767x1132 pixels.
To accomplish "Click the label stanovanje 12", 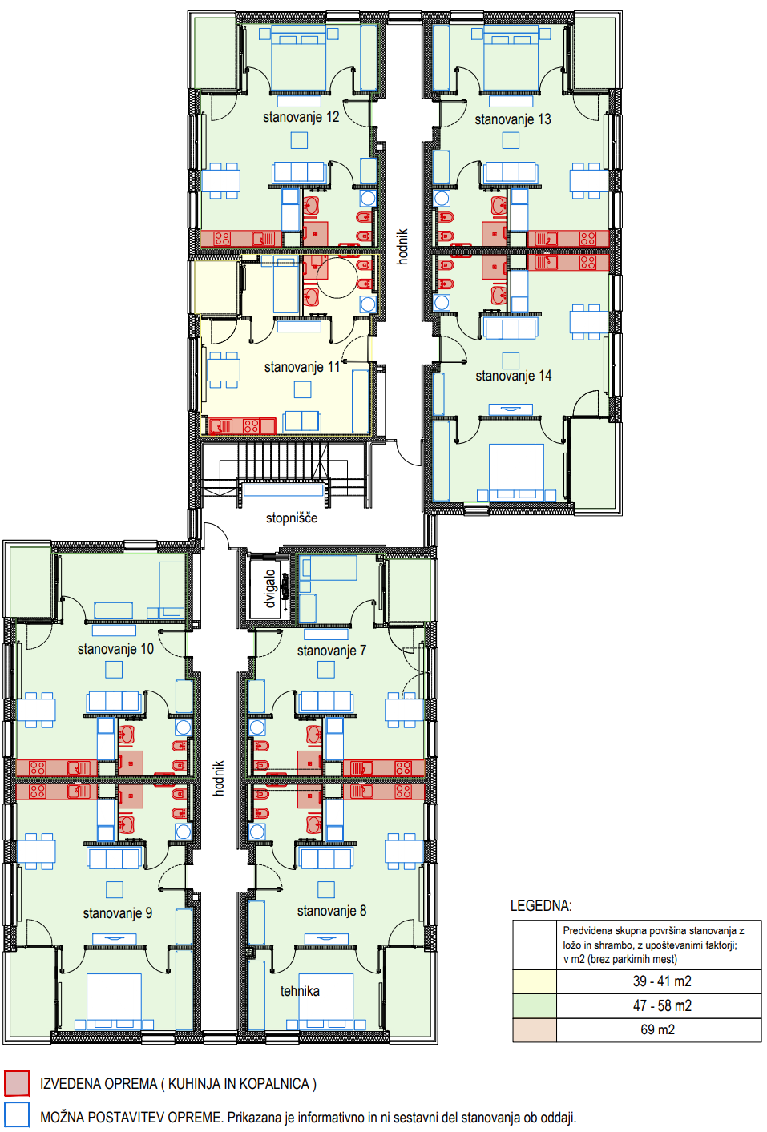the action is click(x=301, y=117).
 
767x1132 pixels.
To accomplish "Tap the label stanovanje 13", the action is click(x=513, y=120).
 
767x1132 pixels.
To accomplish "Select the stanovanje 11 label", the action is click(x=302, y=367).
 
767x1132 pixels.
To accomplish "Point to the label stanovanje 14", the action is click(x=513, y=376).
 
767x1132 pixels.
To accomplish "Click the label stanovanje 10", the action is click(x=115, y=649).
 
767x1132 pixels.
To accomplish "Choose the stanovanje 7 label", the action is click(x=332, y=651).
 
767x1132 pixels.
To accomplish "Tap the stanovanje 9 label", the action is click(x=117, y=913).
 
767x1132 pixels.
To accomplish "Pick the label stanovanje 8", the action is click(x=332, y=911).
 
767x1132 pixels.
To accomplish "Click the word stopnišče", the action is click(x=292, y=518).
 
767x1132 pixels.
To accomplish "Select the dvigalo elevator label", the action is click(x=269, y=588).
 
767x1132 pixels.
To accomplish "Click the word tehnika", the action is click(x=300, y=991).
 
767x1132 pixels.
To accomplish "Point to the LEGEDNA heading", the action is click(x=541, y=905).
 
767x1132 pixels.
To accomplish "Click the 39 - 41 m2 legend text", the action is click(x=662, y=981).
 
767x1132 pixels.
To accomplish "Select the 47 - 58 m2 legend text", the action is click(x=662, y=1005).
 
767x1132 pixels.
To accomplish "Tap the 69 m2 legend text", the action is click(x=657, y=1029).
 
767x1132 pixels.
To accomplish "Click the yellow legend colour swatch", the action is click(x=535, y=981).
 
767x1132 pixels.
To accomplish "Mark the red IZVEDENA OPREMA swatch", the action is click(x=17, y=1083).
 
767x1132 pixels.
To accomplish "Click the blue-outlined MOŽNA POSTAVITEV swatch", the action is click(x=17, y=1114).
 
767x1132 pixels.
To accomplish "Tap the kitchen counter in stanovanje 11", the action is click(x=242, y=425).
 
